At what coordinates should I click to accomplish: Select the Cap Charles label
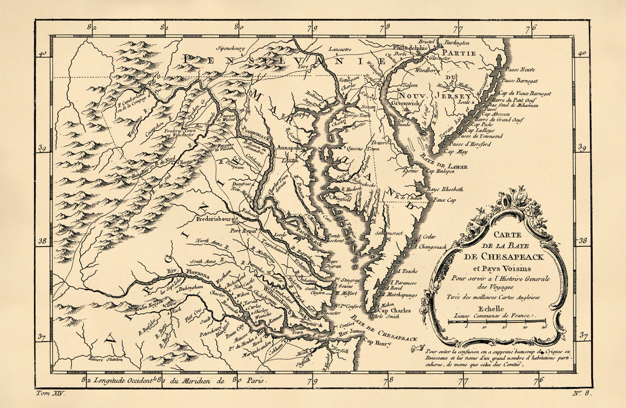[396, 311]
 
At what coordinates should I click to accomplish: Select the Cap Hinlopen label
[440, 171]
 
